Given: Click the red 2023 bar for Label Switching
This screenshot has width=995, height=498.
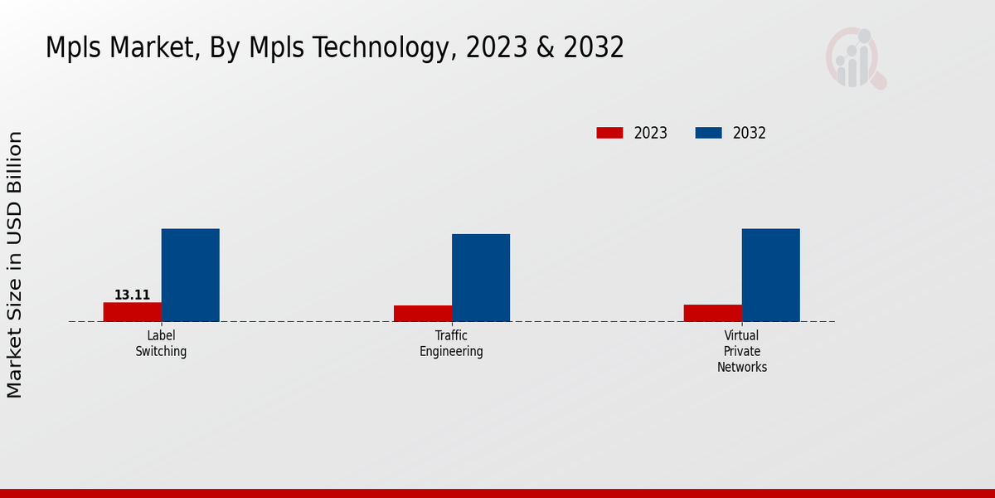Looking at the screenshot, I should point(133,312).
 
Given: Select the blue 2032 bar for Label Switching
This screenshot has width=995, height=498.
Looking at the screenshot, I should point(191,275).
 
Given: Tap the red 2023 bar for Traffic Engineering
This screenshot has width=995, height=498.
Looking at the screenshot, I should point(423,314).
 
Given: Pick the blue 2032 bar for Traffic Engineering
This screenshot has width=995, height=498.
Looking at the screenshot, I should point(481,277).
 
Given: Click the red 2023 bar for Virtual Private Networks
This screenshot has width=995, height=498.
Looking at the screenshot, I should point(713,313).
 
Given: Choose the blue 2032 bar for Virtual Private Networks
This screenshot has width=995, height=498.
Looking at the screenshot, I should point(771,275).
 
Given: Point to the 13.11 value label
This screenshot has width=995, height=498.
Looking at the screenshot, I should point(133,295).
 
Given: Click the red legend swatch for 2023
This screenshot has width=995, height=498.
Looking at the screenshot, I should point(609,133).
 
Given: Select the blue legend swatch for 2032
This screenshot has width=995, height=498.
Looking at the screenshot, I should point(708,133).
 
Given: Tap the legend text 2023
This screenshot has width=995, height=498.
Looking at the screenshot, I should point(651,133).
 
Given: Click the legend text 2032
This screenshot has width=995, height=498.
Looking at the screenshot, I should point(750,133).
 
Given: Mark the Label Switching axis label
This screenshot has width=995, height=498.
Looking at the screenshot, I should point(162,343).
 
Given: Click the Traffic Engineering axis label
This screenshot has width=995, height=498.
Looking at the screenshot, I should point(451,343).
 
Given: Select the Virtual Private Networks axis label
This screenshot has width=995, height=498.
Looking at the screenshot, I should point(742,351).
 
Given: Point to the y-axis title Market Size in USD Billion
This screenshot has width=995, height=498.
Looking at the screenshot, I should point(15,264).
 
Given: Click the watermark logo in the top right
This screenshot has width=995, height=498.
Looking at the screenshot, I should point(855,58).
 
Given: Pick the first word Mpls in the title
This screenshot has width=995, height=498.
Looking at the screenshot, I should point(74,48).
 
